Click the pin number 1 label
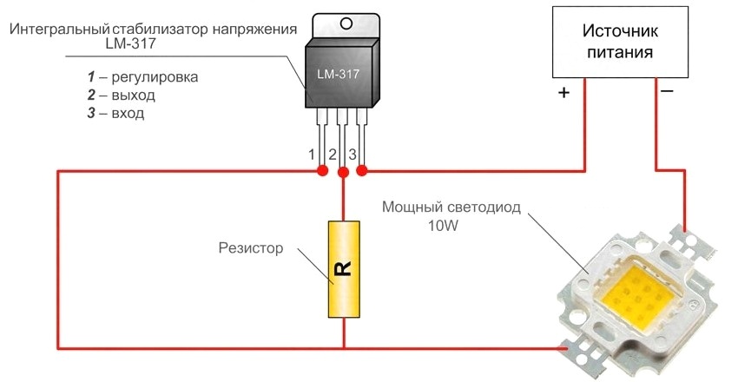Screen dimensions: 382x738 point(312,155)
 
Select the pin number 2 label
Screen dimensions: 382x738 point(333,155)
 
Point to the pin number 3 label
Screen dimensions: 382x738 point(353,155)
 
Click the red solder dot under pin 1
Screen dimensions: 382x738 point(322,171)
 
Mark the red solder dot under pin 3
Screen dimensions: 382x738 point(362,170)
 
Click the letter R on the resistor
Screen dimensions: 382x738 point(343,269)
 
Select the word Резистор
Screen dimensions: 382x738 point(251,249)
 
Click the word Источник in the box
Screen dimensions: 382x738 point(620,31)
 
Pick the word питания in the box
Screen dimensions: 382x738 point(620,52)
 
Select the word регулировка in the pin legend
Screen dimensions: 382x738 point(156,76)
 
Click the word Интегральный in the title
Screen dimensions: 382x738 point(62,30)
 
